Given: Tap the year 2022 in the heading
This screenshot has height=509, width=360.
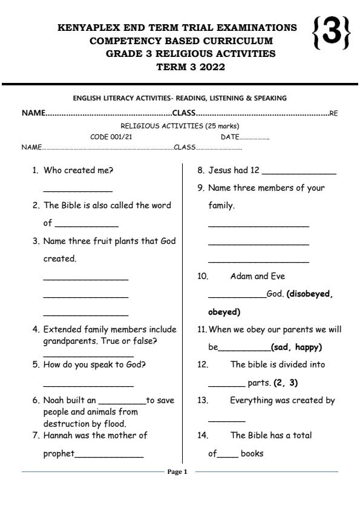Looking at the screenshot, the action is pos(210,67).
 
